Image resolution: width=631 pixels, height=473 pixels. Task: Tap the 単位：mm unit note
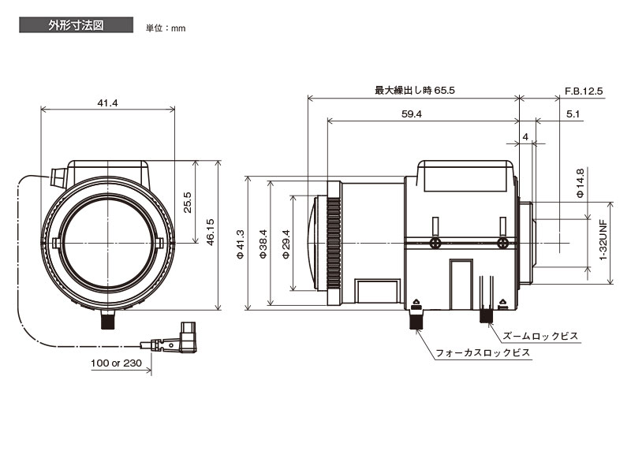click(x=166, y=28)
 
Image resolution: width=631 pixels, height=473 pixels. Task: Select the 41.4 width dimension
click(x=107, y=102)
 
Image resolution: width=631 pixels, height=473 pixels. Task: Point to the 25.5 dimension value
click(x=187, y=202)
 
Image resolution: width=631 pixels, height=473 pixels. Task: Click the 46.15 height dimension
click(x=210, y=235)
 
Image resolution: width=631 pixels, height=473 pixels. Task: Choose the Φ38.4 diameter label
click(x=263, y=242)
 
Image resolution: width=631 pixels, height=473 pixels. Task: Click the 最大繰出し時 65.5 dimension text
click(x=414, y=91)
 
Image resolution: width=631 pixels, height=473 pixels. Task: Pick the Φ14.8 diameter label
click(x=581, y=183)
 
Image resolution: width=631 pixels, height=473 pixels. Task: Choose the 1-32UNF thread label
click(x=603, y=240)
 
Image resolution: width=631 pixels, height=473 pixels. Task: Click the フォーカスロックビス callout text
click(x=484, y=354)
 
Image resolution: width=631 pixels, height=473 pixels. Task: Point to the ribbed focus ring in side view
click(x=334, y=242)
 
